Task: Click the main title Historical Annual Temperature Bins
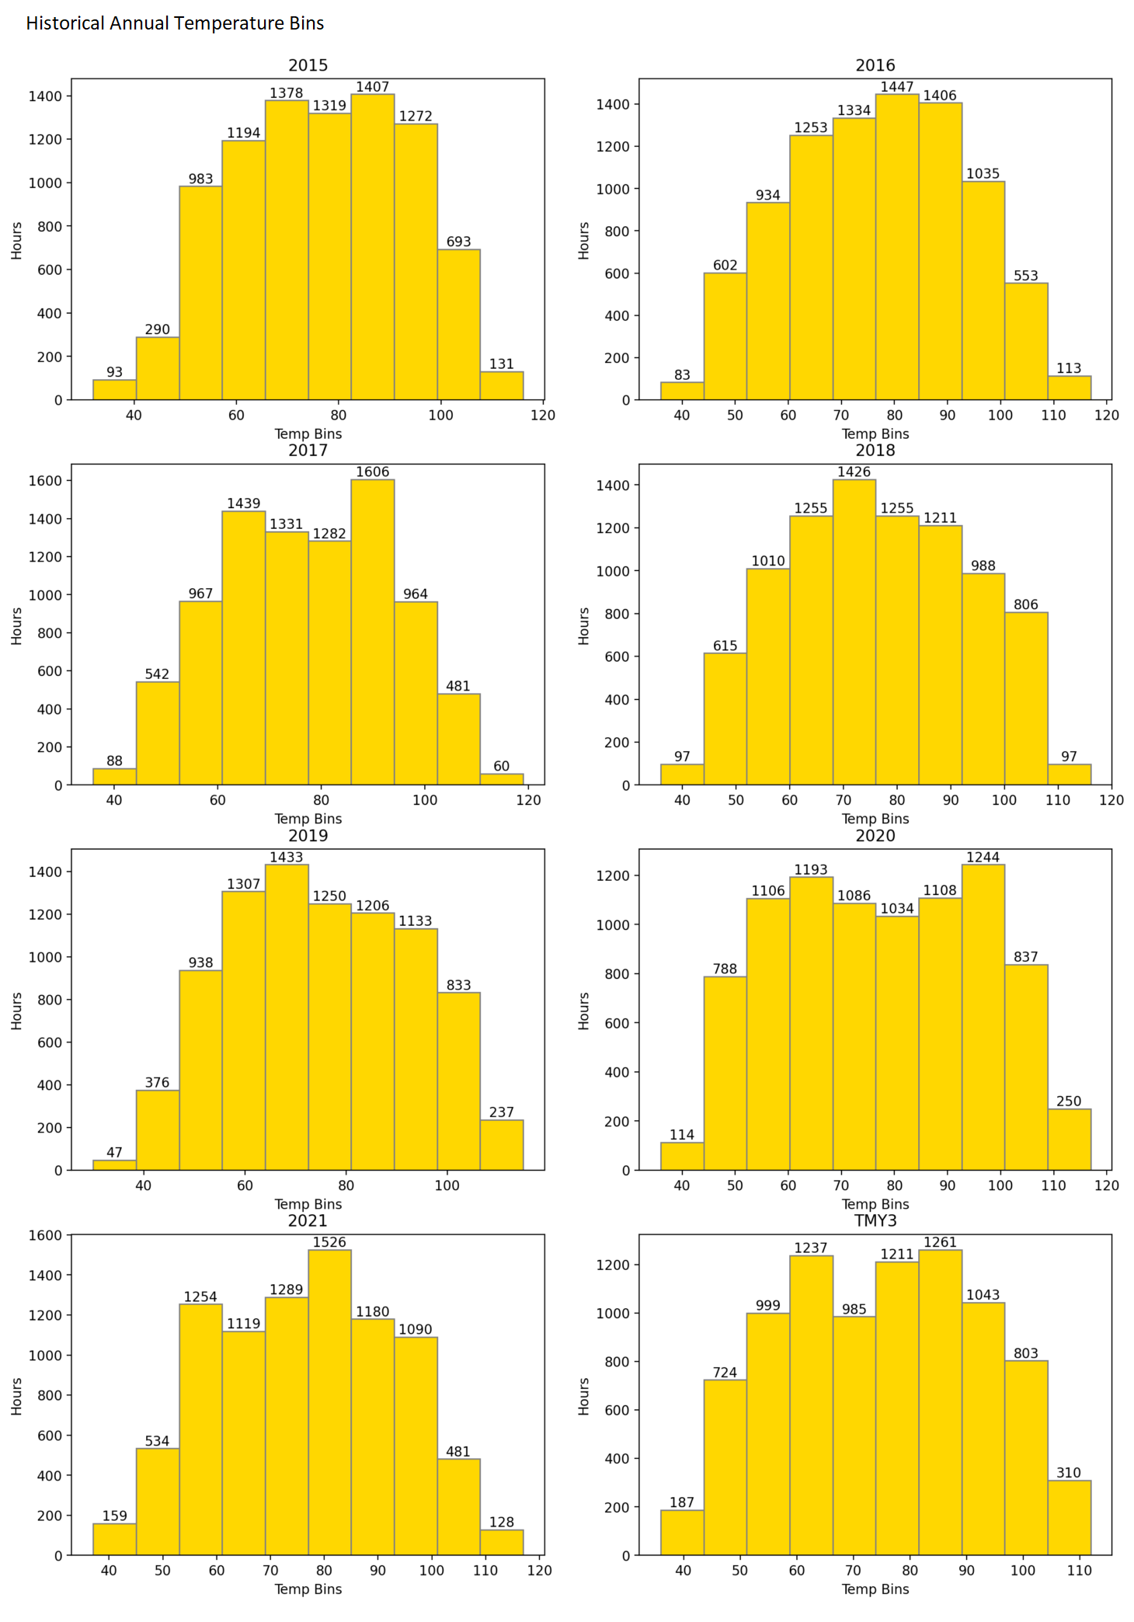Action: [x=175, y=23]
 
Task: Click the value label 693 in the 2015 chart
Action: [x=458, y=242]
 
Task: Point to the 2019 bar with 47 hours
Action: [x=114, y=1164]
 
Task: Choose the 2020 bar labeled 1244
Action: [x=983, y=1018]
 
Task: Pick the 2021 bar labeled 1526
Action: [x=329, y=1402]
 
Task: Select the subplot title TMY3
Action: [x=875, y=1220]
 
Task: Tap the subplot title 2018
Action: [x=875, y=451]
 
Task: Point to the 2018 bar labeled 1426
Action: [x=854, y=632]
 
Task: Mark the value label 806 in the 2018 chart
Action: [x=1025, y=604]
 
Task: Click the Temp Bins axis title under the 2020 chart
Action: [x=875, y=1204]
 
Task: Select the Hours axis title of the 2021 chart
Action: [x=17, y=1396]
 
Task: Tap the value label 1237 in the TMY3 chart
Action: [x=811, y=1248]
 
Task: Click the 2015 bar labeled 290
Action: [x=158, y=369]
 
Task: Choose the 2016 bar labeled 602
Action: [x=725, y=336]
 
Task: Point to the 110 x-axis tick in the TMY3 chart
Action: [x=1079, y=1570]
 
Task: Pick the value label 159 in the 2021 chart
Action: [x=114, y=1516]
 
